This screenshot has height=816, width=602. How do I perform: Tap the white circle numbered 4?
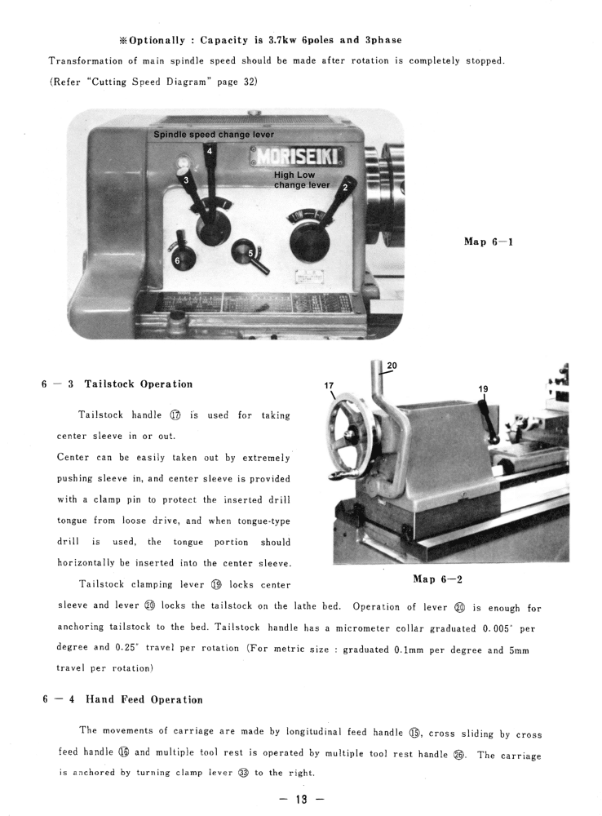pos(210,151)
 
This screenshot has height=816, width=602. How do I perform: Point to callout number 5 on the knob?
pos(251,254)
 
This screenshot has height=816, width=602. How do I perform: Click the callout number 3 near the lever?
pos(186,180)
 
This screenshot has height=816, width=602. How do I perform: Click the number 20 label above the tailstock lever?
pos(392,365)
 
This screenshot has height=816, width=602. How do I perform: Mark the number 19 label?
pos(483,389)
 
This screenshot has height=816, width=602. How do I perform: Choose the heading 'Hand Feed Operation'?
pos(144,699)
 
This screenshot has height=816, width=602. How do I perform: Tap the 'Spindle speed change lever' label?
pos(214,135)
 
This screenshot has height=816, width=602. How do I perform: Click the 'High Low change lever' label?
pos(301,180)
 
